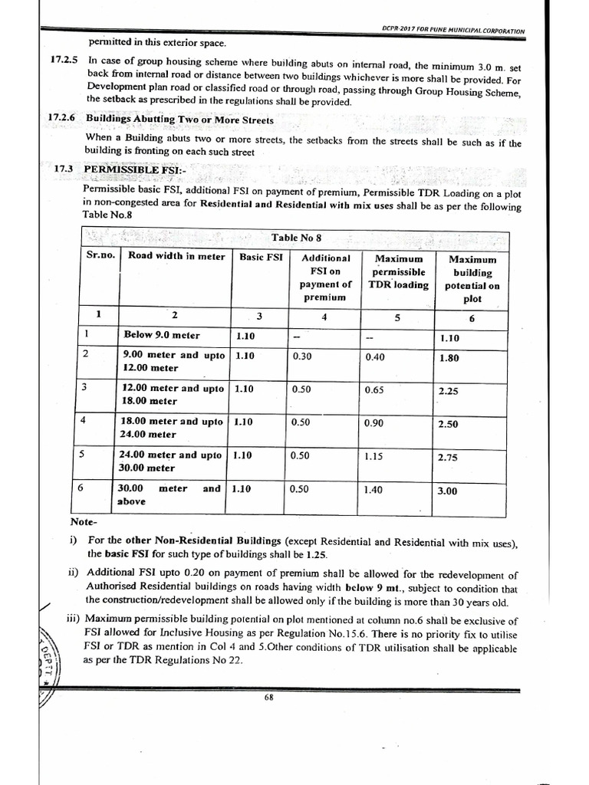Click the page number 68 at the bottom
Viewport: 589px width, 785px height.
coord(269,697)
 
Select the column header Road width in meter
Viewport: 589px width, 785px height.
coord(176,257)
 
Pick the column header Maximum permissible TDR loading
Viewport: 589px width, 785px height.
coord(397,271)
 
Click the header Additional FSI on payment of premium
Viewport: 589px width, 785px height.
coord(325,278)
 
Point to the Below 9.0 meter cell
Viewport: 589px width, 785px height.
coord(162,335)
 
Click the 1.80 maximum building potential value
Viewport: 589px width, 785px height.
coord(449,356)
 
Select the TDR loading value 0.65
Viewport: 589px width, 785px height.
coord(375,389)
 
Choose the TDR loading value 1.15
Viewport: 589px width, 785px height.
coord(375,455)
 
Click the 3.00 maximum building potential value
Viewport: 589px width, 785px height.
coord(447,491)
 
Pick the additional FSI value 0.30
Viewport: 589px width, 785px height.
coord(302,356)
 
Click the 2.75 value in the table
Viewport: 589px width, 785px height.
coord(447,458)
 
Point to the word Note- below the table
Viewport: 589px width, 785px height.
coord(82,521)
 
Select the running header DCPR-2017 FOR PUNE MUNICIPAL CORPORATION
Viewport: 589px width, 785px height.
coord(453,31)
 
